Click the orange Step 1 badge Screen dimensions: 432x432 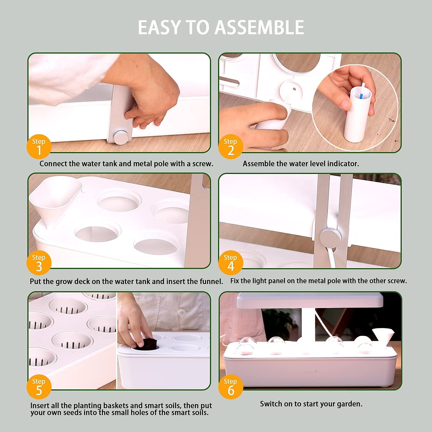39,146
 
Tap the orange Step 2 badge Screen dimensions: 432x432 231,146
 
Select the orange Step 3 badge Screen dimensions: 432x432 39,263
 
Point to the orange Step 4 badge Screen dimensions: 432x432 231,263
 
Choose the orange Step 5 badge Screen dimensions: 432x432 39,386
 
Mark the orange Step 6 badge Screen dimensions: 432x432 231,386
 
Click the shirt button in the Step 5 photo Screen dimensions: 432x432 181,312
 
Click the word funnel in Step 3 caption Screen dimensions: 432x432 212,281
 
